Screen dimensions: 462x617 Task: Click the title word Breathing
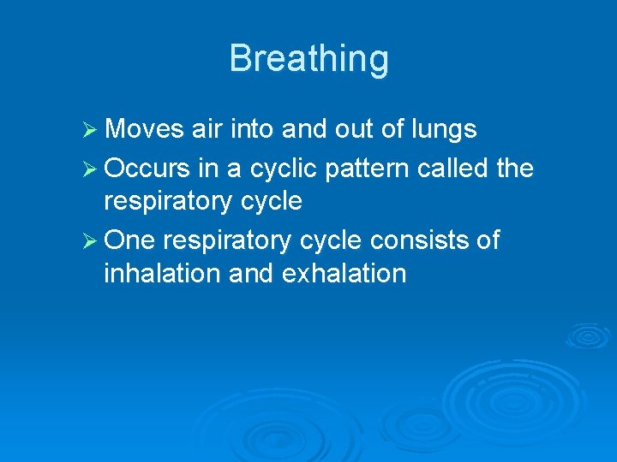click(308, 59)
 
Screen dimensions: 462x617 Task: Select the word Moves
click(144, 129)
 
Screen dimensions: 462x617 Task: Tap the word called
click(456, 167)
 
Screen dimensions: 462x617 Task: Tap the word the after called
click(514, 167)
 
